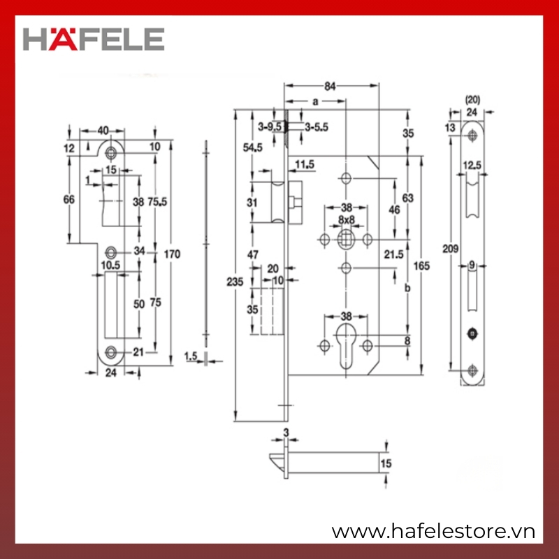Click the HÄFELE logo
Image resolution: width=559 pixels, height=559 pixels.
(94, 39)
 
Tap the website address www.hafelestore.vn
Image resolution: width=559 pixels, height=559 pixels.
(433, 532)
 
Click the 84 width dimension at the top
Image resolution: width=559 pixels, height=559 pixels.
(330, 86)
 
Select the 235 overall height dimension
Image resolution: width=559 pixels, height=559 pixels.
(235, 282)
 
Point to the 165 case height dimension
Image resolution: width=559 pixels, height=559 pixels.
(421, 266)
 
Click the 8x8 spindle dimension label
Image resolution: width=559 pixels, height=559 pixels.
(347, 219)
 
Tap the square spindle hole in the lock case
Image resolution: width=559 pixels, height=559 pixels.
(346, 239)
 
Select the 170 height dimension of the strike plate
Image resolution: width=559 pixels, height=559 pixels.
(172, 254)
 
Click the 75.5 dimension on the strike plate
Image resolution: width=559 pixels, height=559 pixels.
(157, 202)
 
